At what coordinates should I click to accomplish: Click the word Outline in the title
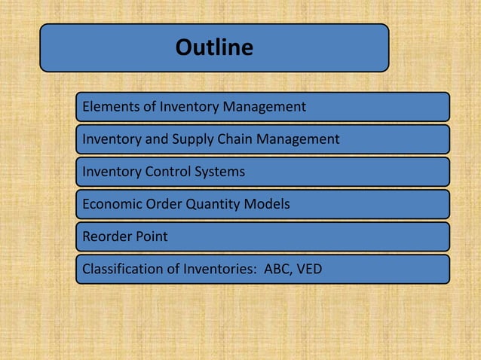pos(214,48)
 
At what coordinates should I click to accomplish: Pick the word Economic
pos(111,204)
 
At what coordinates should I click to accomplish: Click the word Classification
pos(121,269)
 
